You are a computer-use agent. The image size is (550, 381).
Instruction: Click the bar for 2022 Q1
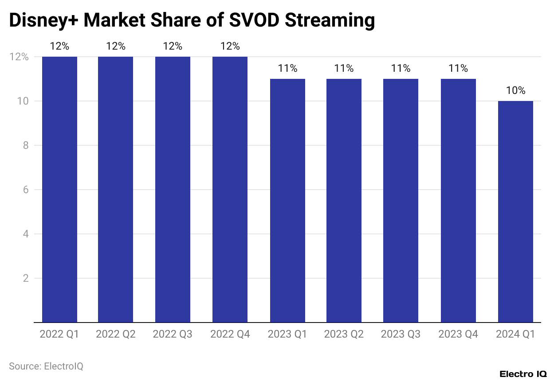pos(59,189)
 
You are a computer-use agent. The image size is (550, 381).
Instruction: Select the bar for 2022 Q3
pos(173,189)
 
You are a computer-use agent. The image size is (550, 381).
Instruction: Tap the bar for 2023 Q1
pos(287,200)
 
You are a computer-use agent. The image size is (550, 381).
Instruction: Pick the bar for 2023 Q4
pos(458,200)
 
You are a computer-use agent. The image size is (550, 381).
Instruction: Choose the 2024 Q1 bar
pos(515,211)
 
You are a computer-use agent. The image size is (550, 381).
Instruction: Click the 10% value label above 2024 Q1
pos(515,91)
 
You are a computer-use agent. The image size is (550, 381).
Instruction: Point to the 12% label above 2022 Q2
pos(116,46)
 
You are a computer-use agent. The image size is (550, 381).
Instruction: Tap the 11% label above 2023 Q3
pos(401,68)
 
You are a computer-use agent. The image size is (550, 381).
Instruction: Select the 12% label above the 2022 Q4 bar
pos(230,46)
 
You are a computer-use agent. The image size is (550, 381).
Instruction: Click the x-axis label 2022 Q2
pos(116,334)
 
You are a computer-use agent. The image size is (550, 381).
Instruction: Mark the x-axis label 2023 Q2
pos(344,334)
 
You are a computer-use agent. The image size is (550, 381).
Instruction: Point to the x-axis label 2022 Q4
pos(230,334)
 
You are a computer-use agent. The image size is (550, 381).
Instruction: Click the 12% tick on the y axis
pos(19,57)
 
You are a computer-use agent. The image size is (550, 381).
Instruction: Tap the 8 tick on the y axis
pos(26,145)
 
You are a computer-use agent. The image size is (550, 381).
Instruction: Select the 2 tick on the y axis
pos(26,278)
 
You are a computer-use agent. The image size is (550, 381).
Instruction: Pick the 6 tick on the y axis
pos(26,190)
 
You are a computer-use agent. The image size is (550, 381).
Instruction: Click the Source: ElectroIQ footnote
pos(46,366)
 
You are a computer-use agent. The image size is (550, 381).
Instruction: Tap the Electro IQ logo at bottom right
pos(522,374)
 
